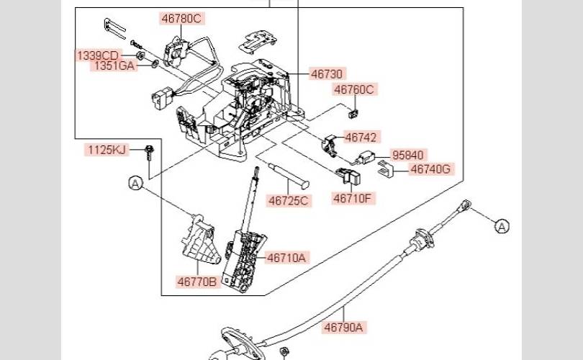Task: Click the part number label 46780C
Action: (x=182, y=19)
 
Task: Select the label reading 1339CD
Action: (x=97, y=55)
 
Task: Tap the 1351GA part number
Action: (x=114, y=66)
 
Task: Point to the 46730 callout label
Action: (x=327, y=74)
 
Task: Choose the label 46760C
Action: (x=354, y=89)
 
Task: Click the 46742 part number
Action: (x=361, y=138)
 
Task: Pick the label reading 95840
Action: (x=408, y=155)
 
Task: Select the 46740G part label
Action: (x=431, y=169)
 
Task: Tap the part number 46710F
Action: (x=353, y=198)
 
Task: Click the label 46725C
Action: (x=289, y=201)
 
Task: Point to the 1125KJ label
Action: (x=107, y=150)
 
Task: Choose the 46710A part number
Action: (x=286, y=258)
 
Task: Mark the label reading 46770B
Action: (x=197, y=282)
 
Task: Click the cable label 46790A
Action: (x=343, y=328)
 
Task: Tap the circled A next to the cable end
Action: (x=502, y=227)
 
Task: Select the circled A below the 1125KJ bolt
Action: (x=136, y=183)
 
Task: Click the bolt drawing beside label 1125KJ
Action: (x=150, y=153)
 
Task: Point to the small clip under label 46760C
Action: (x=353, y=114)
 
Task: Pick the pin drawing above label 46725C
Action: (x=289, y=175)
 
